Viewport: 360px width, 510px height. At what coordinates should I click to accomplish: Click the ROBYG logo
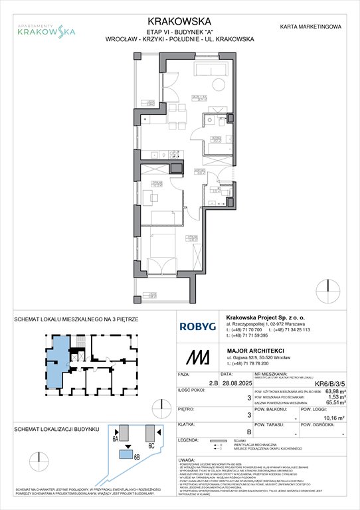pyautogui.click(x=198, y=327)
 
